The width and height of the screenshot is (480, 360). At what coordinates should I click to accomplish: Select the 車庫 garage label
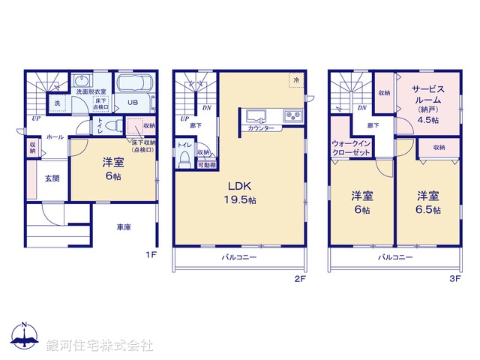[x=124, y=227]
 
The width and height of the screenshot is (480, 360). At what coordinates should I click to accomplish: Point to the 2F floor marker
[x=300, y=278]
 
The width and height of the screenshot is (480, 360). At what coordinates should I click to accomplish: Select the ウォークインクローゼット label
[x=351, y=147]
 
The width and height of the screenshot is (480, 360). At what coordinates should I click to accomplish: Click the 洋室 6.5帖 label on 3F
[x=428, y=202]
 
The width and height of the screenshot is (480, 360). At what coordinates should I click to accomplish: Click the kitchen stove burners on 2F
[x=292, y=115]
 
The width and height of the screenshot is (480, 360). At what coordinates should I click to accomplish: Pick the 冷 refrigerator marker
[x=296, y=80]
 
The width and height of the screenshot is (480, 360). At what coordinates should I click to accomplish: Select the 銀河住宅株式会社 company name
[x=99, y=346]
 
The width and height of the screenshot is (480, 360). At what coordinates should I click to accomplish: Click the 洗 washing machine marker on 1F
[x=57, y=103]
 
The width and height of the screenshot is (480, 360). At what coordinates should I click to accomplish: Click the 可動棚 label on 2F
[x=206, y=165]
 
